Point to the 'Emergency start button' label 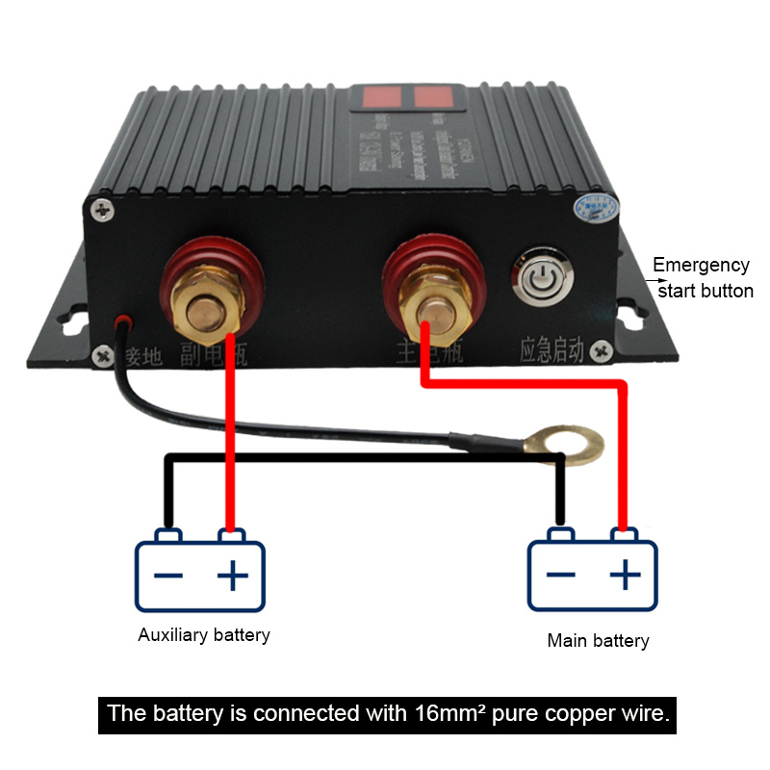click(702, 277)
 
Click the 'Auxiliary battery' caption click(204, 635)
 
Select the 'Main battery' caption click(598, 640)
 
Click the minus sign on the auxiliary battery click(168, 576)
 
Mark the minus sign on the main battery click(561, 576)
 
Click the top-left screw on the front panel click(99, 207)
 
